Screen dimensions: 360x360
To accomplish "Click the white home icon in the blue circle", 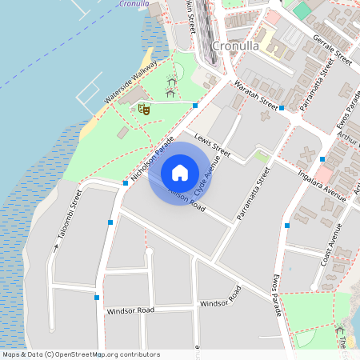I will [180, 173].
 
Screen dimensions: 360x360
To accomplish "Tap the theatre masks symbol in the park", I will [144, 108].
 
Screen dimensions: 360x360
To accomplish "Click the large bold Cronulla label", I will [237, 46].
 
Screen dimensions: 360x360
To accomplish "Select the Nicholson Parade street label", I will [154, 158].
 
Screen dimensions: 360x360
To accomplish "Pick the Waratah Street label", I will [256, 94].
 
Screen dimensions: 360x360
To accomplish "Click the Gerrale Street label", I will [333, 49].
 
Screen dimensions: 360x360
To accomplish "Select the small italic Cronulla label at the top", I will [132, 3].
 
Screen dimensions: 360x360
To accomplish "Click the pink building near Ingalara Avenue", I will [323, 174].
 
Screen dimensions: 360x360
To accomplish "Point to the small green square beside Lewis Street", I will [262, 156].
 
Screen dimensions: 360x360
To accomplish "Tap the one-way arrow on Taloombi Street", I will [57, 247].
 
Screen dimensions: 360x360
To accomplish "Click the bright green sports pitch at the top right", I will [302, 11].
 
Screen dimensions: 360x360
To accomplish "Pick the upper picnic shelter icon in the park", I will [172, 82].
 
